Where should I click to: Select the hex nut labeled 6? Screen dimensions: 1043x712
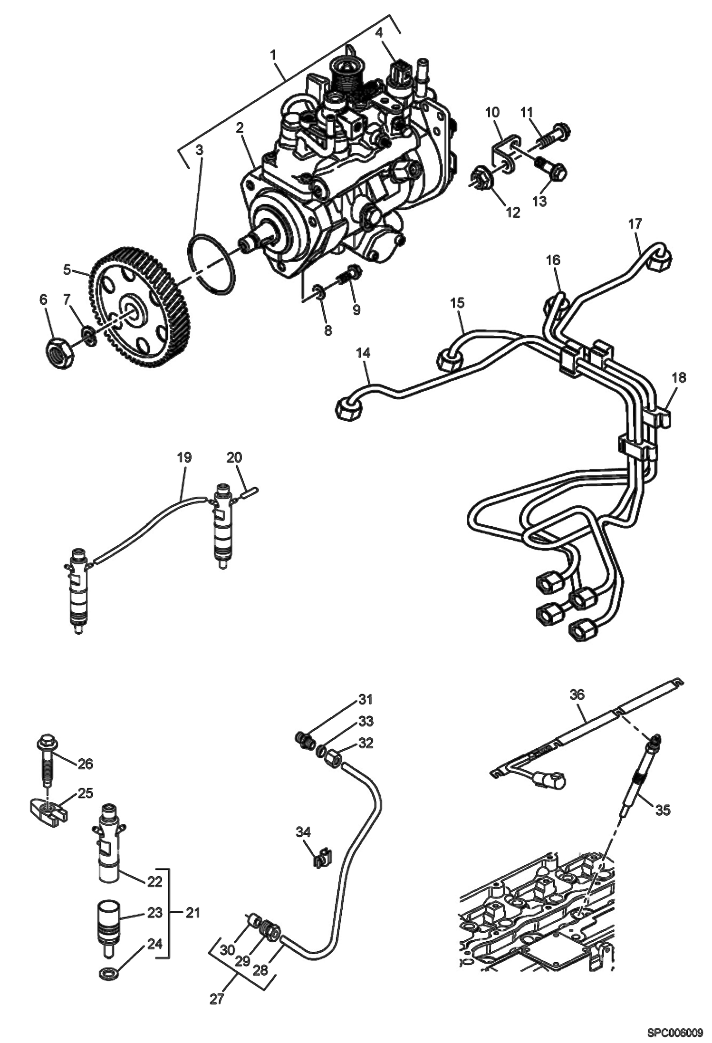[60, 352]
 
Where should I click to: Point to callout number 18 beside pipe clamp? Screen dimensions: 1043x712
[679, 378]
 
